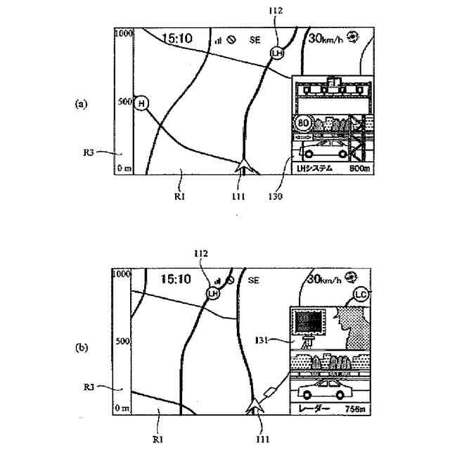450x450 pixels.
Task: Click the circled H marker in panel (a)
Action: [x=143, y=103]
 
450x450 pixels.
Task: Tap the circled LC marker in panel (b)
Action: [x=361, y=293]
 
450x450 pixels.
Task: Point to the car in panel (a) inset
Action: [x=323, y=150]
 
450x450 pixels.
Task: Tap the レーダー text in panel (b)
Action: [x=310, y=409]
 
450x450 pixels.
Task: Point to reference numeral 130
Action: [x=275, y=197]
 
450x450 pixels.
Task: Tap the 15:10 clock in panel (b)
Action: [x=176, y=279]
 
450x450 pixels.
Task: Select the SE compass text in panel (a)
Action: [x=255, y=40]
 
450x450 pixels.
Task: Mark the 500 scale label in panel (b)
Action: [x=122, y=341]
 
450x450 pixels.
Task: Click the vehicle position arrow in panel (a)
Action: [x=244, y=167]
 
